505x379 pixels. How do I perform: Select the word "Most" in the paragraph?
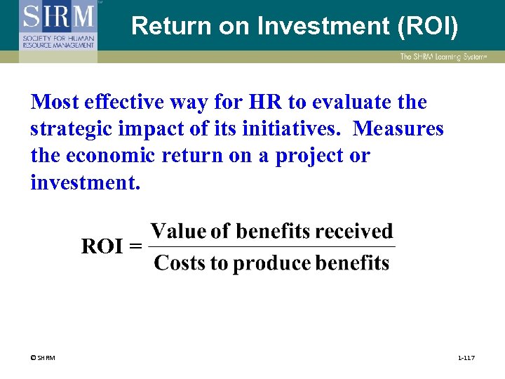pos(54,102)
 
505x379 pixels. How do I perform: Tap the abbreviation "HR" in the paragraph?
pos(267,102)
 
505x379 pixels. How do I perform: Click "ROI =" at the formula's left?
pos(112,247)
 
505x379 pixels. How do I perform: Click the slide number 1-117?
pos(466,359)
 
